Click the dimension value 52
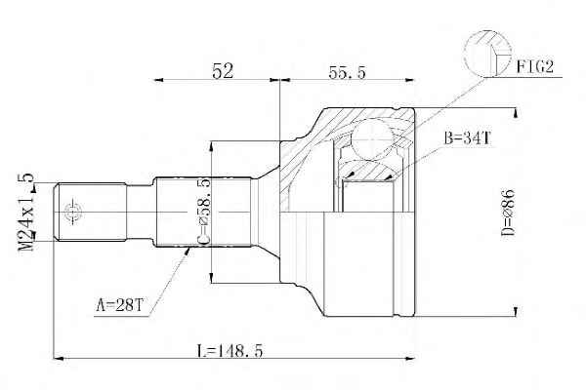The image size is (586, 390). (x=223, y=71)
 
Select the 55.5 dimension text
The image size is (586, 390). (x=347, y=72)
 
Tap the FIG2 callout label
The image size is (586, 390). (x=535, y=67)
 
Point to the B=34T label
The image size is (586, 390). (x=468, y=138)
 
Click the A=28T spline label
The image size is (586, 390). (x=119, y=305)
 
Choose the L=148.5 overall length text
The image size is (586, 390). (x=230, y=351)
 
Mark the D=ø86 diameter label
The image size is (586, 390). (x=508, y=214)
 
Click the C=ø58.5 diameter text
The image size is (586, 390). (x=204, y=212)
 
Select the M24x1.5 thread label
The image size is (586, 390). (x=26, y=213)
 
